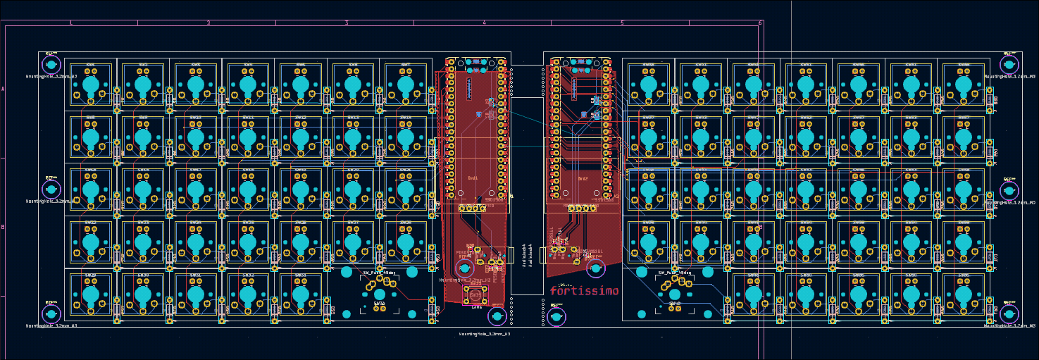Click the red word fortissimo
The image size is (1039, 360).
[x=584, y=290]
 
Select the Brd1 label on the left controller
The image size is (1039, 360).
[x=473, y=178]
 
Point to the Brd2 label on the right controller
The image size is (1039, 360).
[x=583, y=179]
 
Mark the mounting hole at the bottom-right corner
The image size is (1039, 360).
[x=1009, y=313]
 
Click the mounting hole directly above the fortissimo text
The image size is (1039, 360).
[x=595, y=268]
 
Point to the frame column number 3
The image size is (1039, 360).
[x=347, y=23]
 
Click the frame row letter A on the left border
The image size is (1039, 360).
[x=3, y=89]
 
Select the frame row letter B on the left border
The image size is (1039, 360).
[x=3, y=227]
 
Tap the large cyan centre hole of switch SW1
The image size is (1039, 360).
[x=91, y=85]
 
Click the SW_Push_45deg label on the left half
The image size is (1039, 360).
[x=379, y=273]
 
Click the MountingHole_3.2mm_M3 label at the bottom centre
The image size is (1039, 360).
[x=484, y=334]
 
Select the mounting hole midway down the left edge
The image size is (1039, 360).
[x=51, y=189]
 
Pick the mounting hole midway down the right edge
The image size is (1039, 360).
[x=1009, y=190]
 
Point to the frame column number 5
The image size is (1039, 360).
[x=622, y=23]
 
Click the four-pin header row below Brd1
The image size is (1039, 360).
[x=472, y=208]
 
